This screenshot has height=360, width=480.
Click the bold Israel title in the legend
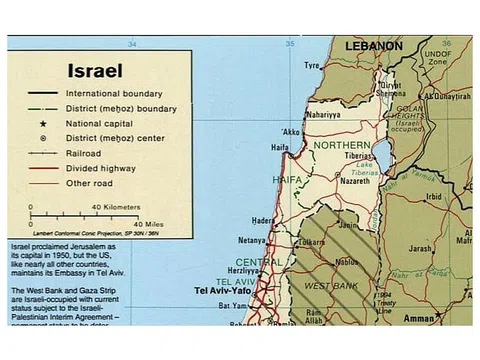click(x=95, y=72)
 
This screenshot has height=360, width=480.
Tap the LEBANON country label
click(x=373, y=46)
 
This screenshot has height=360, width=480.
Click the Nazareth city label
click(x=362, y=181)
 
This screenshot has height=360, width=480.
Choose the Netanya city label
click(x=252, y=240)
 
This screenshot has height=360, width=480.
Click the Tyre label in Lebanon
click(x=313, y=66)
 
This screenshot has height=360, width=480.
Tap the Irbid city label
click(x=433, y=197)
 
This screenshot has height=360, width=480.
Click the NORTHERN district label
click(x=342, y=145)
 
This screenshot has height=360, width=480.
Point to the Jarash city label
click(x=420, y=249)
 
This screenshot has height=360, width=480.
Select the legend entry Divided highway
click(x=119, y=169)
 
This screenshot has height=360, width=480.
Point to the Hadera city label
click(x=263, y=220)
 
